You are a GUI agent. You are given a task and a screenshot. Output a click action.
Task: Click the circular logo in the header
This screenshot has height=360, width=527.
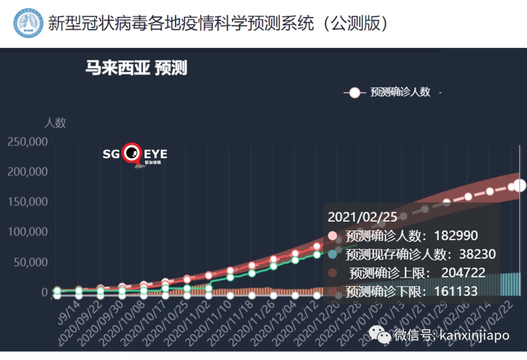[28, 23]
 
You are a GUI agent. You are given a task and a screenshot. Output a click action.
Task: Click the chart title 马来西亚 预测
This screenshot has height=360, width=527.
[136, 68]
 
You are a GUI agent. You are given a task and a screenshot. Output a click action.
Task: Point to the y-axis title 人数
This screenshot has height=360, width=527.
[55, 122]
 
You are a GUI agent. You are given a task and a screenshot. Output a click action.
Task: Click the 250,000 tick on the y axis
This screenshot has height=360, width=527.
[27, 142]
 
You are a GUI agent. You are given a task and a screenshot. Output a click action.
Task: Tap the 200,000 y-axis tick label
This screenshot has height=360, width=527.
[27, 172]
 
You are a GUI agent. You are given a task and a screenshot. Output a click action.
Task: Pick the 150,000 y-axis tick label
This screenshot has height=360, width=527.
[27, 202]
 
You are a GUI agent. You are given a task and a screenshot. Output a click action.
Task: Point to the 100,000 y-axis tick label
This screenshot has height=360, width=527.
[27, 232]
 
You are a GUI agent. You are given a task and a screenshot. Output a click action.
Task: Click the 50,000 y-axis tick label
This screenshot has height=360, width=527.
[30, 262]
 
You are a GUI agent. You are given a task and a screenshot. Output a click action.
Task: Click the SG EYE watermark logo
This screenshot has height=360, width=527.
[135, 155]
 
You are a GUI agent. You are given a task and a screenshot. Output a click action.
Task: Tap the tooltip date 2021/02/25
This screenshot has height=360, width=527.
[362, 217]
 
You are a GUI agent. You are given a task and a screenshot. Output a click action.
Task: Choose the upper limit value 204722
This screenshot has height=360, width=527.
[463, 273]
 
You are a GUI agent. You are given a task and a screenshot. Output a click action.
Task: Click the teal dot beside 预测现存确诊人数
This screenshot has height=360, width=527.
[333, 254]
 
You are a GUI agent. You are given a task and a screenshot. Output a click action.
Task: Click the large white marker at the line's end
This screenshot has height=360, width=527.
[520, 185]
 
